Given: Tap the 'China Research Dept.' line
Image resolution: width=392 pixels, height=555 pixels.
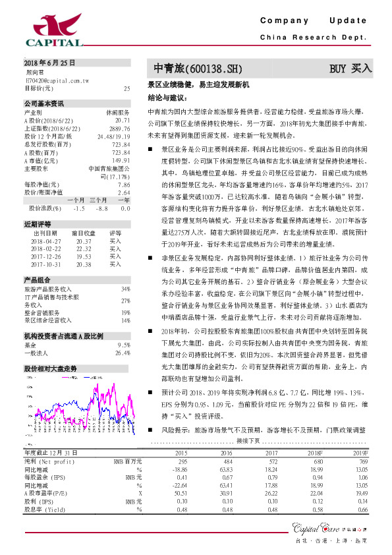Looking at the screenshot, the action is click(314, 38).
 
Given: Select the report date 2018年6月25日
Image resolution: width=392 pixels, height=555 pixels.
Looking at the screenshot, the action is click(49, 63).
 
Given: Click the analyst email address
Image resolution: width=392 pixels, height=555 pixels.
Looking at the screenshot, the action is click(57, 80).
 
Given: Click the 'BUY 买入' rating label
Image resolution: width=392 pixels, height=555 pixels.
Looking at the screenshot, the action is click(351, 69).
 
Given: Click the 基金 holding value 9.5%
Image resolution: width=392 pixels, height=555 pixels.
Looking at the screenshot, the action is click(123, 345).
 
